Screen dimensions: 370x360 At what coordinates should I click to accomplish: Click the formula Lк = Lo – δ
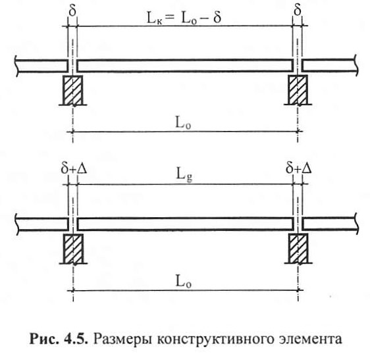(x=184, y=18)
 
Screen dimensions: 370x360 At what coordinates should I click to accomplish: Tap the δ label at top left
(x=72, y=10)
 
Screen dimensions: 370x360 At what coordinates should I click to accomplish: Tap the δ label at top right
(x=298, y=10)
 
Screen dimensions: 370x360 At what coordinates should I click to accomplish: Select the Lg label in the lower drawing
(x=184, y=176)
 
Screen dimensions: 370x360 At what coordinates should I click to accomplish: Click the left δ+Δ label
(x=74, y=168)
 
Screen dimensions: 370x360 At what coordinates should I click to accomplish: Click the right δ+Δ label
(x=298, y=168)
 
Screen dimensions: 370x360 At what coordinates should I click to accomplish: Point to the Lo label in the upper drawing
(x=183, y=122)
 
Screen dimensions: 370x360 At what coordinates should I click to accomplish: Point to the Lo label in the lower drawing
(x=184, y=281)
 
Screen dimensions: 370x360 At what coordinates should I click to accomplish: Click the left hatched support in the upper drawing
(x=72, y=90)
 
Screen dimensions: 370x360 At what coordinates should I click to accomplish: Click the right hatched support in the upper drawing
(x=298, y=90)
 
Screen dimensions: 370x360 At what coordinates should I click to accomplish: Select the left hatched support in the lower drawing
(x=73, y=249)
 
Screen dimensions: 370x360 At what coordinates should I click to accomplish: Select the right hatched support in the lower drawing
(x=298, y=249)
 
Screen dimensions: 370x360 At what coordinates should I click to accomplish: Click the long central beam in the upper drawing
(x=185, y=66)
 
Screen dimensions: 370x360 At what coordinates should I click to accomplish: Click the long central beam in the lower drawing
(x=186, y=224)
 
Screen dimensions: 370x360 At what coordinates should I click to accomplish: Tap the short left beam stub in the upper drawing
(x=41, y=66)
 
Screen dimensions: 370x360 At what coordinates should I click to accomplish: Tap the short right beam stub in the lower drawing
(x=330, y=224)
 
